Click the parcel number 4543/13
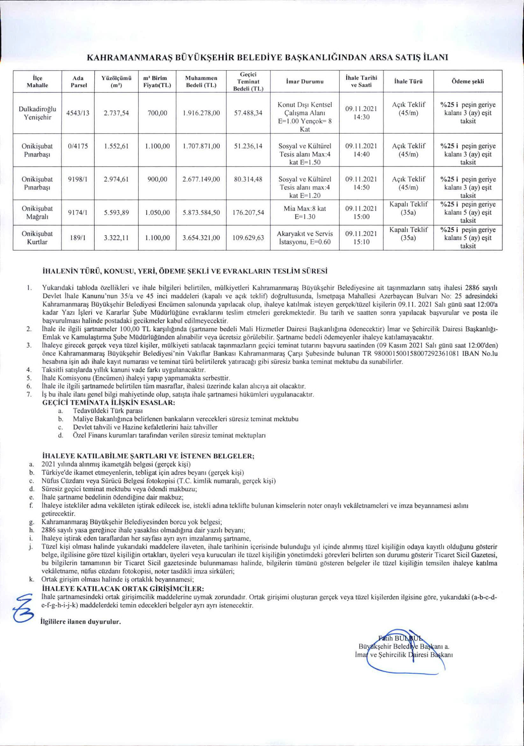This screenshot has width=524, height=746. coord(79,113)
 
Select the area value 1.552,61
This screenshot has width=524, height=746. coord(116,146)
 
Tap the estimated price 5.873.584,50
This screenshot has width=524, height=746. coord(202,213)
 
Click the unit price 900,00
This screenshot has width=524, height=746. coord(157,179)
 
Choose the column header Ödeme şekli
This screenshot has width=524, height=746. coord(468,82)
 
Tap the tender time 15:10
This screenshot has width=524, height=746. coord(361,242)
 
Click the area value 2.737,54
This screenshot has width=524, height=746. coord(116,113)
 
